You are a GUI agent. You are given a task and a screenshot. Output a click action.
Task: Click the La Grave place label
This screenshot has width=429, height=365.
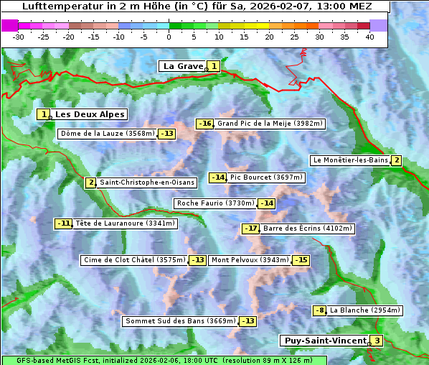click(x=183, y=66)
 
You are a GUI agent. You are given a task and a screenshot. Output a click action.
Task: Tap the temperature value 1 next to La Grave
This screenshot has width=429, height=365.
click(x=214, y=66)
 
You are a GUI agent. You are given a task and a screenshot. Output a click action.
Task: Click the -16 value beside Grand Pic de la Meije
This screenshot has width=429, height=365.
click(x=205, y=124)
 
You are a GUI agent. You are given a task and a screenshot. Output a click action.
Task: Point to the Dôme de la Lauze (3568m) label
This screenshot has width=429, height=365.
click(x=108, y=134)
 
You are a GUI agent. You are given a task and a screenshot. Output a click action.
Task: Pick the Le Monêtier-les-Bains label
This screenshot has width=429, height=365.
click(x=350, y=160)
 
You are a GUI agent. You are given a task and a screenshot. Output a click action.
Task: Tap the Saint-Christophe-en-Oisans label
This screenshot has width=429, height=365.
click(x=146, y=182)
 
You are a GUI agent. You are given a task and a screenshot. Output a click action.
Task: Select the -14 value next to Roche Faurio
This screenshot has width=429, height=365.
click(x=266, y=203)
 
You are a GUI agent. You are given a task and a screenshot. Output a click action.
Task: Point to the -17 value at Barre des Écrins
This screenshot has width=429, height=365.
click(x=250, y=228)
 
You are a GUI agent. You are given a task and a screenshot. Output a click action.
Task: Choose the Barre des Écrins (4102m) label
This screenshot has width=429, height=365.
click(x=308, y=228)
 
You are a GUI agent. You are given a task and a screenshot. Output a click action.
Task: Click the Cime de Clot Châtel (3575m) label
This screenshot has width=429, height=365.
click(x=134, y=260)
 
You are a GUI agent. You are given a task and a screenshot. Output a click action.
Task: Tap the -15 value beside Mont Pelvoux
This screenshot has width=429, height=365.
click(x=301, y=260)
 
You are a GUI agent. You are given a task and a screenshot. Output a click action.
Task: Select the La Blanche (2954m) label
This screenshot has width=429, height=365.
click(x=364, y=310)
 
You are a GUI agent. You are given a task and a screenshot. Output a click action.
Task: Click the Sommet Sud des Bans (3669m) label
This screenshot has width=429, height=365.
click(x=179, y=321)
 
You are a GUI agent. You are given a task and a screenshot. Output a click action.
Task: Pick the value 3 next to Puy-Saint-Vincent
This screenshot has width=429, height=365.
click(x=377, y=341)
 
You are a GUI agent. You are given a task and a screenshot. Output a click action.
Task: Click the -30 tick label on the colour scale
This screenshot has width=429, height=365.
click(x=18, y=36)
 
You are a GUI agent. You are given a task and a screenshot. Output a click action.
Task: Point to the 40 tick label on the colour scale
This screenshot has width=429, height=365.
click(x=369, y=36)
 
